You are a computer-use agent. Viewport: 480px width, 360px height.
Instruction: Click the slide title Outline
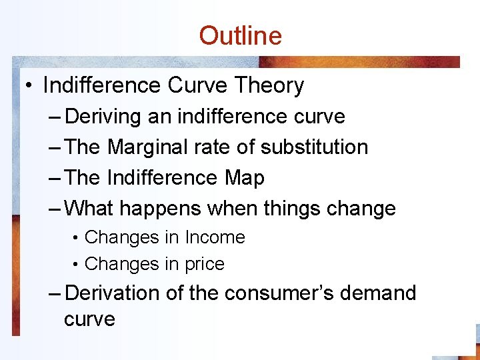pos(240,35)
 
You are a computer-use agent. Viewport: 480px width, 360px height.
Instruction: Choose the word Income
pos(215,237)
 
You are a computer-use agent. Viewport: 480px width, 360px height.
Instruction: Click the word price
pos(205,264)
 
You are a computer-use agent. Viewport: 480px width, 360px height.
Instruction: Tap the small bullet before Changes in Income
pos(77,238)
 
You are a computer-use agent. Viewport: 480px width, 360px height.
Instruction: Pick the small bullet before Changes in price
pos(77,265)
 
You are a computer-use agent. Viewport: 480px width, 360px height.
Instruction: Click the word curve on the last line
pos(89,319)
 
